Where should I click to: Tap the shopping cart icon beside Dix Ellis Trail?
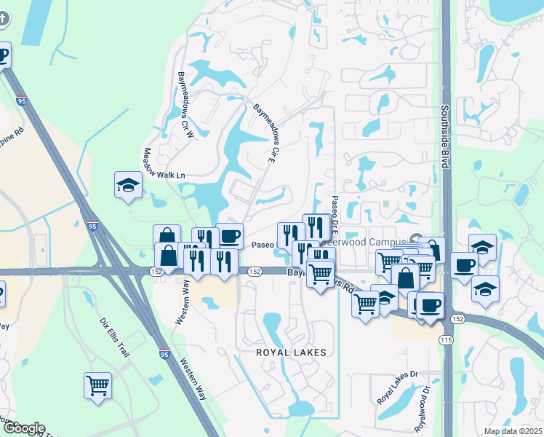coord(97,385)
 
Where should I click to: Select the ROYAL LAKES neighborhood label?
coord(287,352)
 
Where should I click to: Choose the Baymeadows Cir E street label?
coord(267,133)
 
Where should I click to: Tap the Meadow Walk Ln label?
coord(164,164)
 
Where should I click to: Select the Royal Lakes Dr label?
coord(398,387)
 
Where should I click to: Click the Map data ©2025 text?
coord(513,431)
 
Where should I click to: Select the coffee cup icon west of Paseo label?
coord(230,236)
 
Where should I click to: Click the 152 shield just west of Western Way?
coord(157,271)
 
